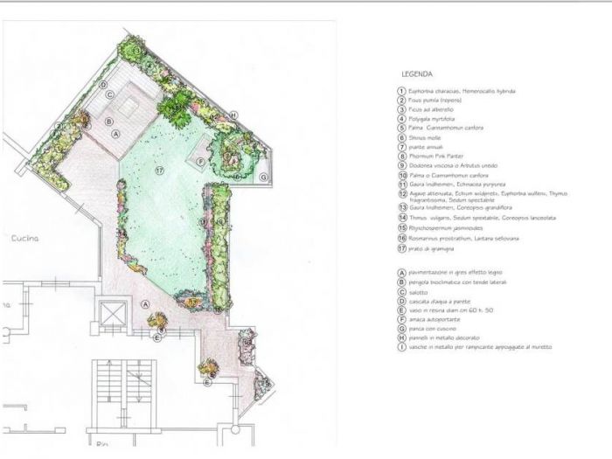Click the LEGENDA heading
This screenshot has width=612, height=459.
(x=416, y=74)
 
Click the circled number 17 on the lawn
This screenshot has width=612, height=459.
(x=160, y=170)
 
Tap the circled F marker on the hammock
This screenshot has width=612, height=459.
(x=200, y=162)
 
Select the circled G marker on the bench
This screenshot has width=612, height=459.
(x=263, y=177)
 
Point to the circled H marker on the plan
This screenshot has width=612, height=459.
(x=233, y=115)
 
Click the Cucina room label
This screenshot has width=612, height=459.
(x=23, y=238)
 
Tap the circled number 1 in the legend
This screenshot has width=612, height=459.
(x=400, y=91)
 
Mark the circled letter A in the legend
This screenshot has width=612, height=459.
(x=400, y=273)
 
